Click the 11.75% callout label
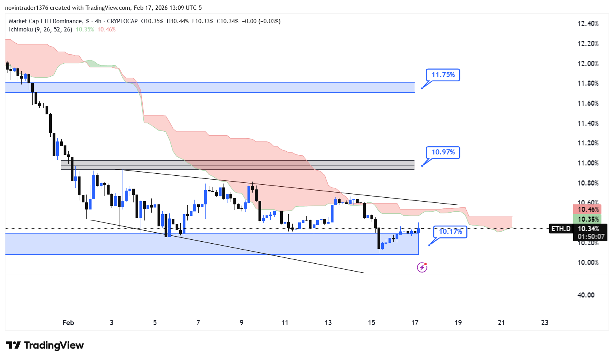pos(443,75)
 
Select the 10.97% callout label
pos(443,152)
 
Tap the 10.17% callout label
pos(450,231)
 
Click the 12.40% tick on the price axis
pos(588,24)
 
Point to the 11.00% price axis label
pos(588,163)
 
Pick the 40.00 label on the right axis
pos(586,295)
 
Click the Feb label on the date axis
pos(68,323)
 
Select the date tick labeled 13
pos(328,323)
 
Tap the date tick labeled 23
pos(544,323)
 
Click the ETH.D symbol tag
pos(561,229)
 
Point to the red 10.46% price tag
pos(588,210)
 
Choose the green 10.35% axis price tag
pos(588,219)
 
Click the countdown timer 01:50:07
pos(591,237)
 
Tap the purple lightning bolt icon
pos(422,268)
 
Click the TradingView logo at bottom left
pos(45,345)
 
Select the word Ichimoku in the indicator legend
pos(21,29)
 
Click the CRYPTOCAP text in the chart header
pos(122,21)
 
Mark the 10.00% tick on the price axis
pos(588,263)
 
